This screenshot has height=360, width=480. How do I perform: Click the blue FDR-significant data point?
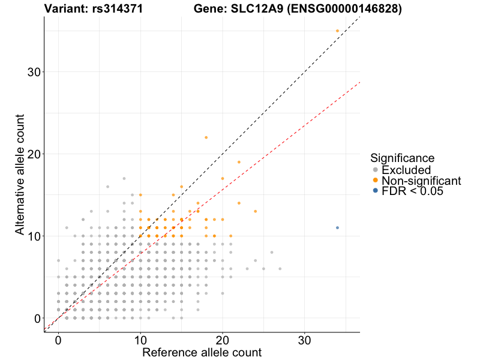[337, 228]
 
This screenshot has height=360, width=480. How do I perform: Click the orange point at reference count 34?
[337, 31]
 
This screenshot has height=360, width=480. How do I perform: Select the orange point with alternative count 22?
[206, 137]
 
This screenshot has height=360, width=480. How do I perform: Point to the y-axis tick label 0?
[37, 318]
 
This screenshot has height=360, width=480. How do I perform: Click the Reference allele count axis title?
[202, 352]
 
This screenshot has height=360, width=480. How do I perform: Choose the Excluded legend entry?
[406, 170]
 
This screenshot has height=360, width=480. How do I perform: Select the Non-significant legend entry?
[421, 181]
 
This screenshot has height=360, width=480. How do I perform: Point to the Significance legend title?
[402, 158]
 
